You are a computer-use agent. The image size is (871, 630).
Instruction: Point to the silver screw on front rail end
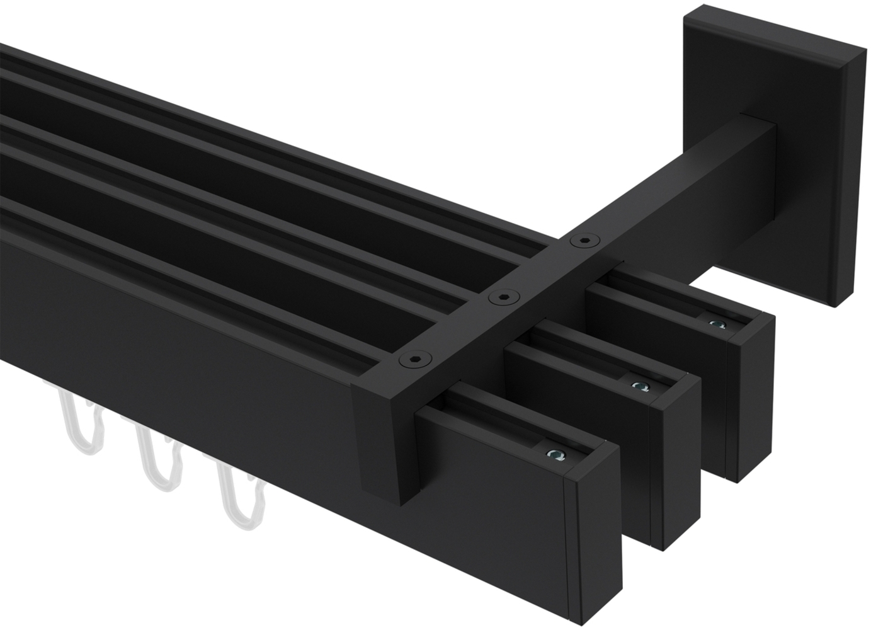tap(554, 453)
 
